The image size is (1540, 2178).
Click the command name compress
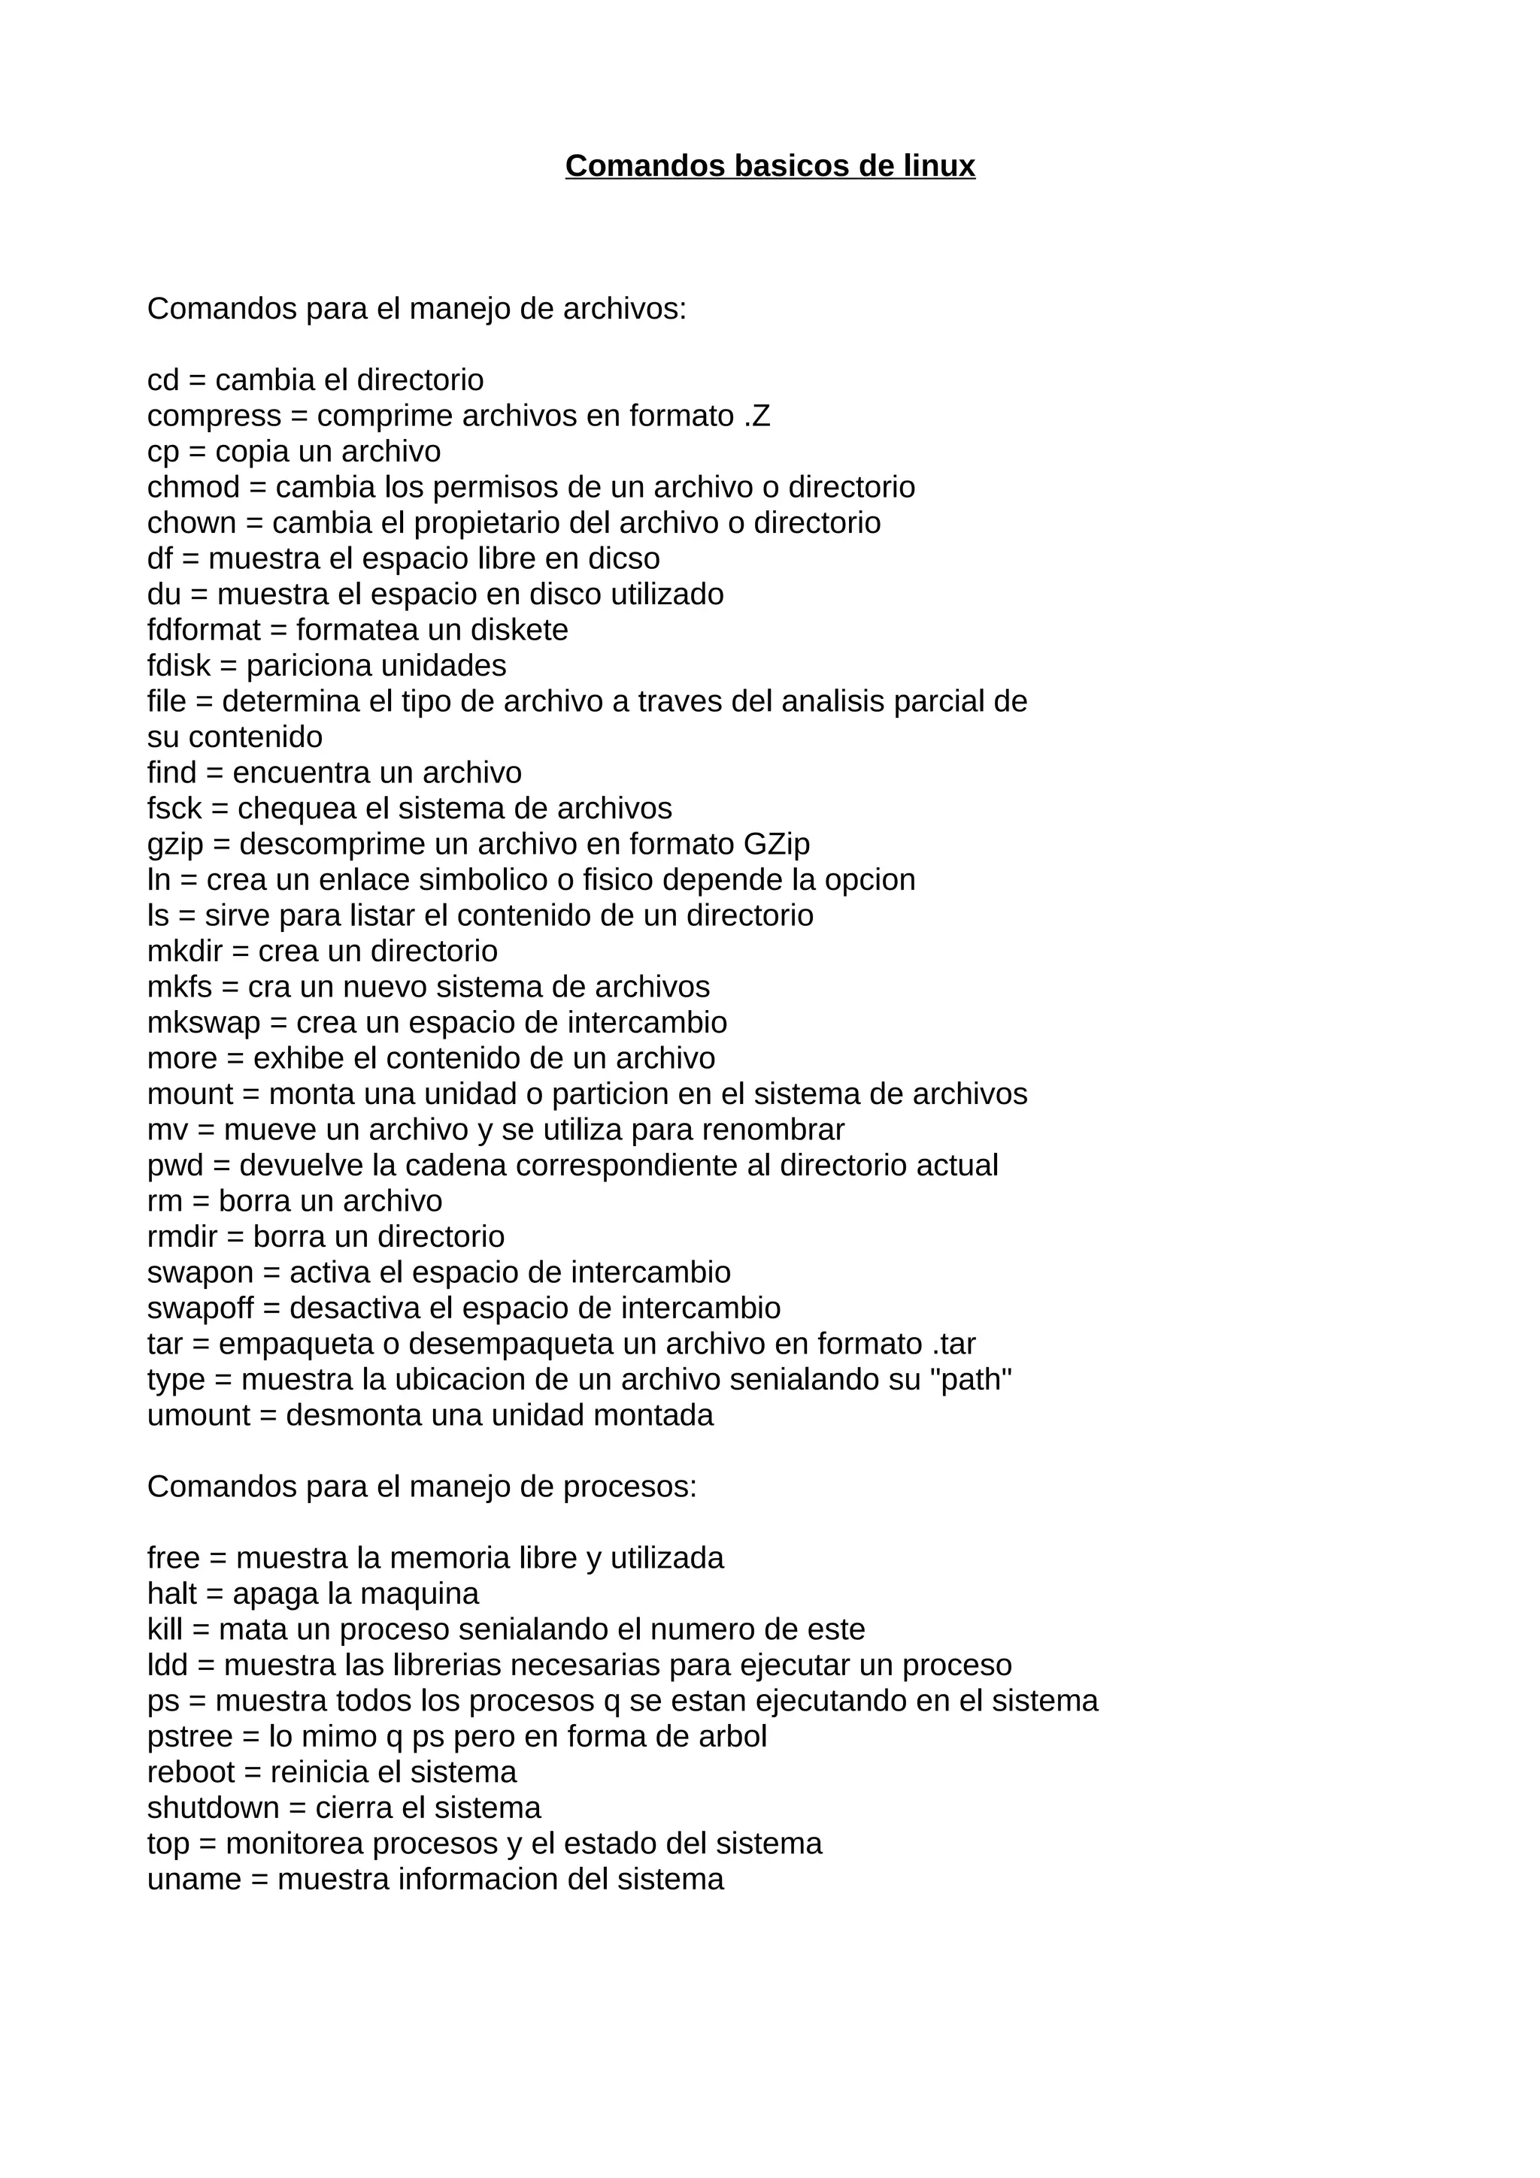tap(214, 416)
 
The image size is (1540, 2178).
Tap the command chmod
tap(193, 488)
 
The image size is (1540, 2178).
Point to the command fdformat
tap(203, 630)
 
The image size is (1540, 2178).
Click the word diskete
tap(525, 630)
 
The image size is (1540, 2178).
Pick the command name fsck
tap(174, 808)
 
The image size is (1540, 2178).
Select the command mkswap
tap(203, 1023)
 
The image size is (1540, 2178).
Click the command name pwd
tap(175, 1165)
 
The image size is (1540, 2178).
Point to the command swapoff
tap(200, 1308)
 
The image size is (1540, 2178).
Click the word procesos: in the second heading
tap(629, 1487)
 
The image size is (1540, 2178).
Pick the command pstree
tap(189, 1737)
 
